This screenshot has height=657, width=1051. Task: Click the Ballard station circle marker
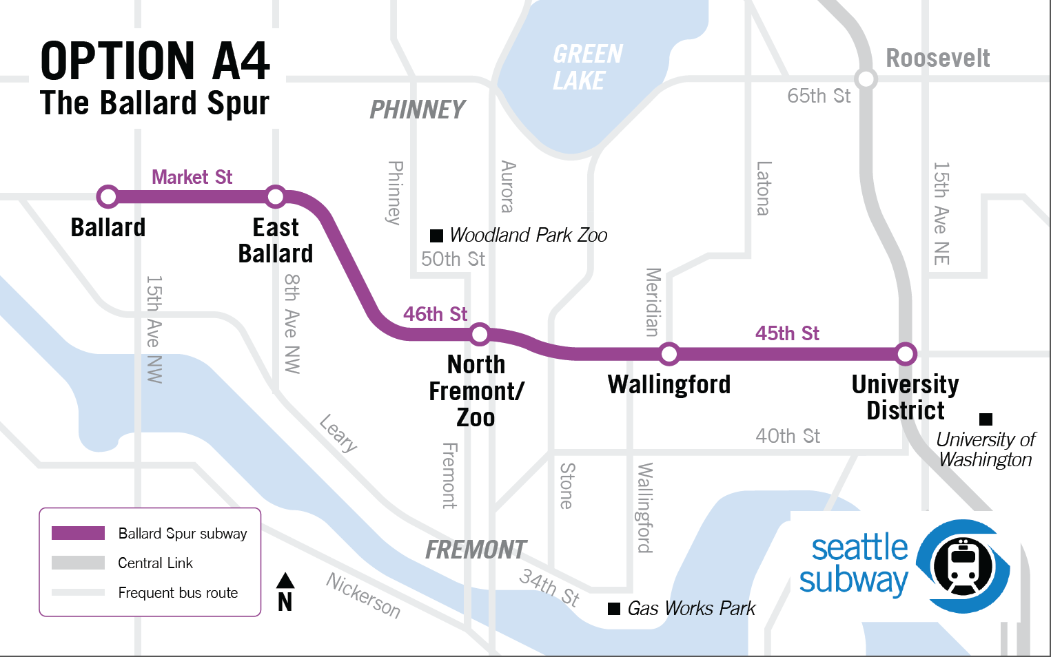click(108, 197)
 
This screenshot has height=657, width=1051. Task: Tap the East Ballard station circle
click(276, 197)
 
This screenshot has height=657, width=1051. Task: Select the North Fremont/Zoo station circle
click(480, 335)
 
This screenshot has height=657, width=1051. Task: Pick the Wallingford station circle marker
click(669, 354)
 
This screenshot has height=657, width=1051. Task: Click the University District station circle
click(906, 354)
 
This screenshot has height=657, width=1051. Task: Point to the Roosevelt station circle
click(866, 79)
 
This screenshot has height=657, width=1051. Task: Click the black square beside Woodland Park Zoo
click(436, 236)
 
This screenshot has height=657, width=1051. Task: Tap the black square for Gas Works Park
click(614, 608)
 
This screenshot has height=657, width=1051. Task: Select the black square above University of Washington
click(986, 419)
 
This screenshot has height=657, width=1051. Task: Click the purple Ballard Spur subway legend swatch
click(78, 533)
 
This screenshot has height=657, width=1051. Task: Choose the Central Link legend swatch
click(78, 563)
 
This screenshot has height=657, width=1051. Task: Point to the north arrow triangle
click(285, 581)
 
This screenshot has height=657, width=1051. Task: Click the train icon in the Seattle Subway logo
click(963, 566)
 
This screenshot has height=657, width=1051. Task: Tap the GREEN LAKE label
click(587, 67)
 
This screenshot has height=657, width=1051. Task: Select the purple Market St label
click(192, 177)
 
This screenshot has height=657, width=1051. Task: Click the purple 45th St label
click(787, 333)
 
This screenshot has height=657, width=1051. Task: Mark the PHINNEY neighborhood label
click(418, 109)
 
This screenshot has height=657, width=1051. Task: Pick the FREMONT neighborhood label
click(476, 550)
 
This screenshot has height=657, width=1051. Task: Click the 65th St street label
click(819, 96)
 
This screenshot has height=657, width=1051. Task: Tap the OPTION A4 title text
click(155, 61)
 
